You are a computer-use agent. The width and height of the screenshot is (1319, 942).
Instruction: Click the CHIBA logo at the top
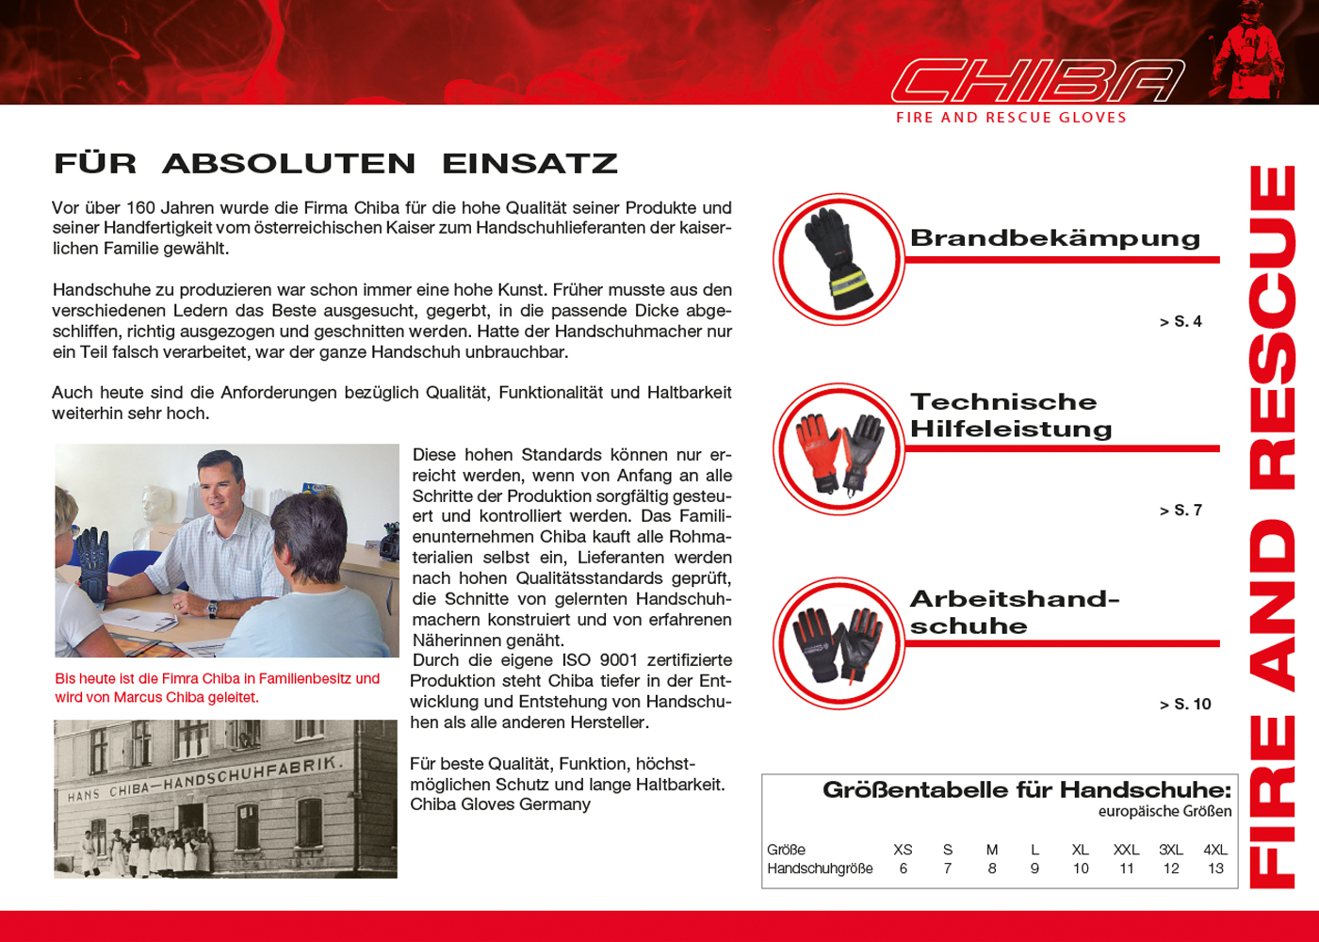[1036, 81]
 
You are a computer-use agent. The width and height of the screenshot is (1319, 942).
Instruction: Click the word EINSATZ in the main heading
[529, 164]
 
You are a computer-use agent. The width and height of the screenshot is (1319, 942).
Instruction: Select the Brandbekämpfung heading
[1055, 238]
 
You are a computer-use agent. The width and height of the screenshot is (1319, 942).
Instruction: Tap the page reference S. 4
[1181, 322]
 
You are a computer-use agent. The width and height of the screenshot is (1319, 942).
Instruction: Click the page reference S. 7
[1181, 511]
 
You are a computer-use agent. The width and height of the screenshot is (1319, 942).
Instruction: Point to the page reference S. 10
[1186, 705]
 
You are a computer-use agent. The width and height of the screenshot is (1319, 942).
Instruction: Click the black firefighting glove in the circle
[837, 258]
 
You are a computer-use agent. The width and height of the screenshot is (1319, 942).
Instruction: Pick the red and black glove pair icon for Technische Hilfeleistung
[839, 449]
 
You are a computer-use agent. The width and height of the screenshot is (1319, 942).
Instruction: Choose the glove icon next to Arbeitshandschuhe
[839, 643]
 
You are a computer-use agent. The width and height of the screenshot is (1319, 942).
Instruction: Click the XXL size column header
[1126, 850]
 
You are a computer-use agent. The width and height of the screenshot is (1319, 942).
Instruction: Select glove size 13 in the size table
[1215, 869]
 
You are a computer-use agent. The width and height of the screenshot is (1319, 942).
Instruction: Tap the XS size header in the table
[903, 850]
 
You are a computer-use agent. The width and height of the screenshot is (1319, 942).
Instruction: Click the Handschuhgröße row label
[820, 869]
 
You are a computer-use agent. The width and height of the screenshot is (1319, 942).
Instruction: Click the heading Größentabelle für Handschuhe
[1027, 789]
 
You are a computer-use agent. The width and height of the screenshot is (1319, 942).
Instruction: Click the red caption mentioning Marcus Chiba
[218, 688]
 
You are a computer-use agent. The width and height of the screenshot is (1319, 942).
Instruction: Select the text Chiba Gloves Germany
[500, 804]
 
